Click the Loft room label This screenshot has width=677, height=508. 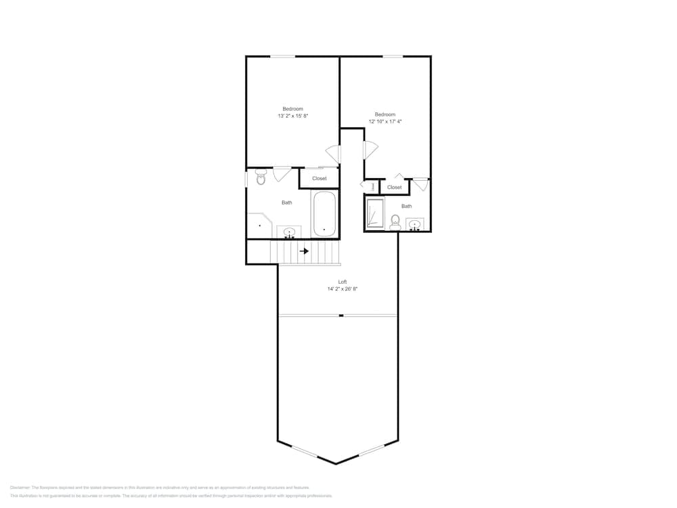(x=343, y=281)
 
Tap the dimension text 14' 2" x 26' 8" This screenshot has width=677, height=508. (x=343, y=289)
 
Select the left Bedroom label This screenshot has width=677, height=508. (x=292, y=108)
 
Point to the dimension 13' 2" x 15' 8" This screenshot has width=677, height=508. (x=292, y=117)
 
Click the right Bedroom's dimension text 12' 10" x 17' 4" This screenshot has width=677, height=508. (x=385, y=122)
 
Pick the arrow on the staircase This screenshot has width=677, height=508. (x=305, y=251)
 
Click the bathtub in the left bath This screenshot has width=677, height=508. (x=324, y=213)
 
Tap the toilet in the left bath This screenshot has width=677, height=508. (x=261, y=178)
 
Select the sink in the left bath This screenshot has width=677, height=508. (x=290, y=232)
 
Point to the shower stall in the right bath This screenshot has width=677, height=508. (x=374, y=213)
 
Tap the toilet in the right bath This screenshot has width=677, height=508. (x=395, y=221)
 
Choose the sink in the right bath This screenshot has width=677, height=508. (x=416, y=224)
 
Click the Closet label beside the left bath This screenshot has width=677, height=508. (x=320, y=179)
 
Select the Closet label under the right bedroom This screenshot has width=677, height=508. (x=395, y=187)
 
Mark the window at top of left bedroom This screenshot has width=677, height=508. (x=283, y=56)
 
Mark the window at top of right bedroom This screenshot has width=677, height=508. (x=393, y=56)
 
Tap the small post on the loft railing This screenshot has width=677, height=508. (x=341, y=316)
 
